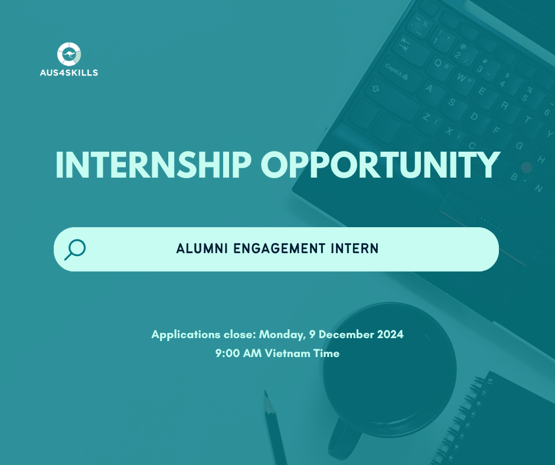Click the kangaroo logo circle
pyautogui.click(x=69, y=54)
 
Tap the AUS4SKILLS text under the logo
pyautogui.click(x=69, y=73)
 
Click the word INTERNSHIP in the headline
pyautogui.click(x=154, y=165)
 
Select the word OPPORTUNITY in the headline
pyautogui.click(x=380, y=165)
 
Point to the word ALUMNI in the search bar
pyautogui.click(x=202, y=249)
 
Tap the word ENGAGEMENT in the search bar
pyautogui.click(x=279, y=249)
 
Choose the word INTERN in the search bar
pyautogui.click(x=355, y=249)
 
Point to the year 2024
pyautogui.click(x=390, y=335)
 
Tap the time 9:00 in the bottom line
pyautogui.click(x=227, y=353)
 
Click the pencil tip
pyautogui.click(x=266, y=394)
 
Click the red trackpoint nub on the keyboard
pyautogui.click(x=527, y=168)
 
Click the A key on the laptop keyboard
pyautogui.click(x=429, y=89)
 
